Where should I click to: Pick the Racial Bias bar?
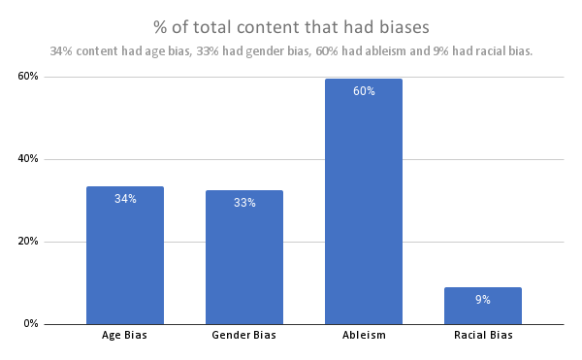483,306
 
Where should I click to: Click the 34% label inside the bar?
125,199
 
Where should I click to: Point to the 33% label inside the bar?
244,203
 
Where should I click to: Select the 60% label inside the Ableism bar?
364,91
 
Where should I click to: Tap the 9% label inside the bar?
483,300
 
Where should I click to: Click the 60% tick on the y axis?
26,77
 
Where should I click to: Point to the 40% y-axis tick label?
26,159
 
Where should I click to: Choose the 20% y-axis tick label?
26,242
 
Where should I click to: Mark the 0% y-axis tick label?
29,324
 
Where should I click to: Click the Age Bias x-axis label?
125,336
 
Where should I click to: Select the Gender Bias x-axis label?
244,336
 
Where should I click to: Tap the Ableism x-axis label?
364,336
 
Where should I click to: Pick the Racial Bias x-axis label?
483,336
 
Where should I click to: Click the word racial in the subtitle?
474,51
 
